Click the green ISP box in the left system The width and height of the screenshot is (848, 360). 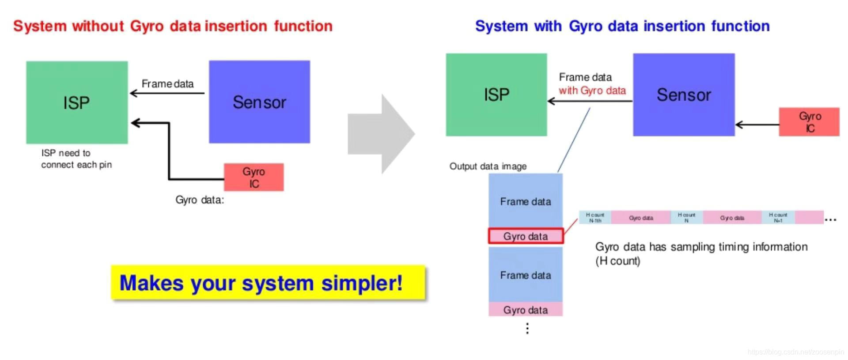(77, 102)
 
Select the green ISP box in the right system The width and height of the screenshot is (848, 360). (496, 95)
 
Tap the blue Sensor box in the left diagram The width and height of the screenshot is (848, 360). (259, 102)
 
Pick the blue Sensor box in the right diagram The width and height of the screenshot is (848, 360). (683, 95)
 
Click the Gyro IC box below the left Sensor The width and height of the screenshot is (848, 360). (254, 177)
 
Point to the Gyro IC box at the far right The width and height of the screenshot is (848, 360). (809, 122)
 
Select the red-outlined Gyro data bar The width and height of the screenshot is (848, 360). (525, 236)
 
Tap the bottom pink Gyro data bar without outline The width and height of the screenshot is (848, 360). (525, 310)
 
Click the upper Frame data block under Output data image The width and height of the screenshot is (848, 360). (525, 201)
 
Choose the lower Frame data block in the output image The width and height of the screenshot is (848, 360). (525, 275)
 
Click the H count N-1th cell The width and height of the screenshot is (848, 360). (595, 217)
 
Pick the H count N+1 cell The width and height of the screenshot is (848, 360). (778, 217)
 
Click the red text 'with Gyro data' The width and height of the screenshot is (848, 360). (592, 91)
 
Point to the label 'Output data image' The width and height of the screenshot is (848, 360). (488, 166)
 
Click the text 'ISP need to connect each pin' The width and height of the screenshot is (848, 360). (76, 159)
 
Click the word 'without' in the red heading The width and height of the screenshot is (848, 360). (98, 26)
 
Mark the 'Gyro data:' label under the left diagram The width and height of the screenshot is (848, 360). (200, 200)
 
